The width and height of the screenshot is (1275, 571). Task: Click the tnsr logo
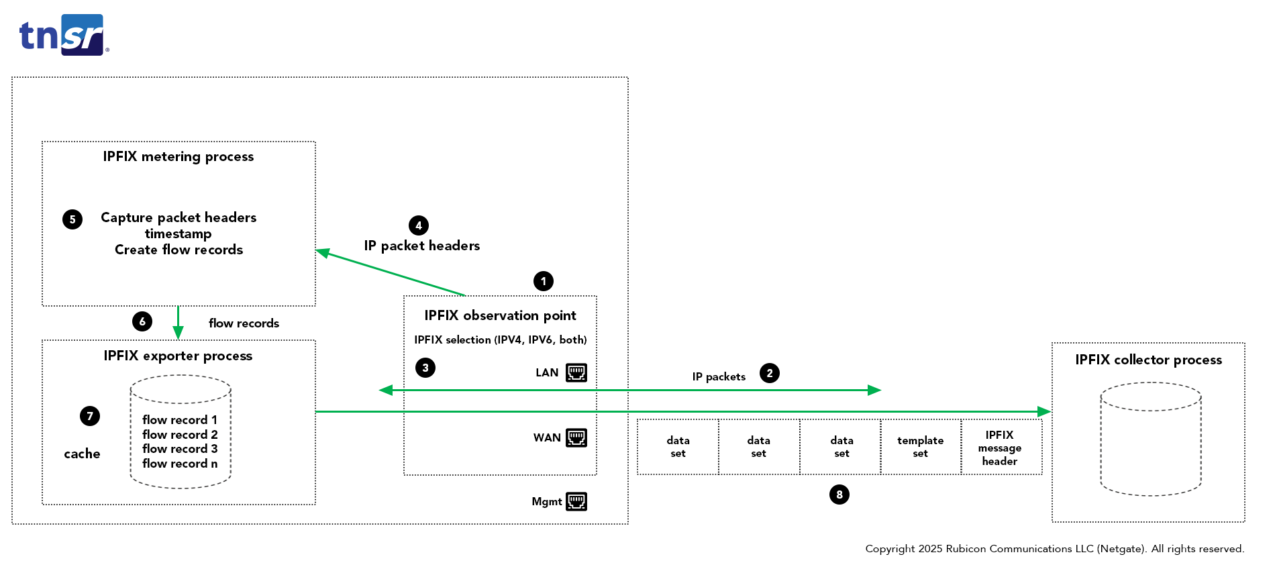tap(64, 35)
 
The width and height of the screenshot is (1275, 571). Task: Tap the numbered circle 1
tap(543, 281)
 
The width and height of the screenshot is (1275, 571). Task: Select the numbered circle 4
tap(419, 225)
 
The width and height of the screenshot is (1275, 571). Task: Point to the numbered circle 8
tap(839, 495)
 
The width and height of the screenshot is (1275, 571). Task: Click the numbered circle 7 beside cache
tap(90, 416)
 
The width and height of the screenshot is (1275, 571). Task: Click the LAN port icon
tap(576, 372)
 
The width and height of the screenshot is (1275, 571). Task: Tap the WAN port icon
tap(576, 437)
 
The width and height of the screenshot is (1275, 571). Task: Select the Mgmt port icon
tap(576, 501)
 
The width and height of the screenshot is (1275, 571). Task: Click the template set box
tap(920, 447)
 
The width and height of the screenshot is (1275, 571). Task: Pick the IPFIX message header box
tap(1000, 448)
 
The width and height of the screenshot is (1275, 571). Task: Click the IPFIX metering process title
tap(178, 156)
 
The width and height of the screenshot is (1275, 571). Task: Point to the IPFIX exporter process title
tap(178, 356)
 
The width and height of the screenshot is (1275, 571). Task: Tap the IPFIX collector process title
tap(1148, 360)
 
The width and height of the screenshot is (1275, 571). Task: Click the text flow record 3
tap(180, 449)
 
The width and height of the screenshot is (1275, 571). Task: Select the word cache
tap(82, 454)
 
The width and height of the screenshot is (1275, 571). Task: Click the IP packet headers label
tap(421, 246)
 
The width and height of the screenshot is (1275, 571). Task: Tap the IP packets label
tap(719, 376)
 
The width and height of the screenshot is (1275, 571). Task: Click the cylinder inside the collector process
tap(1150, 439)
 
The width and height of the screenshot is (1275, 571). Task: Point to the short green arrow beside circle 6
tap(178, 323)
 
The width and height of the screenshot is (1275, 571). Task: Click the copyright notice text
tap(1054, 549)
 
